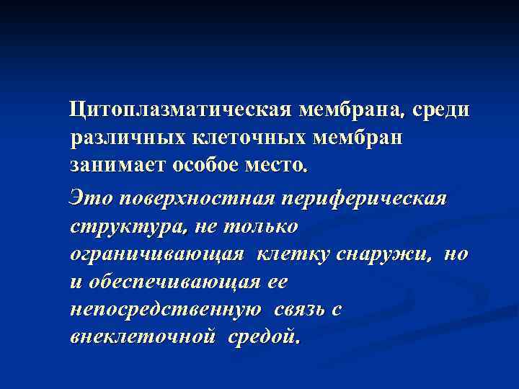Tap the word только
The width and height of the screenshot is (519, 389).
[262, 225]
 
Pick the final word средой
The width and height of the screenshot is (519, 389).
[263, 336]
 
